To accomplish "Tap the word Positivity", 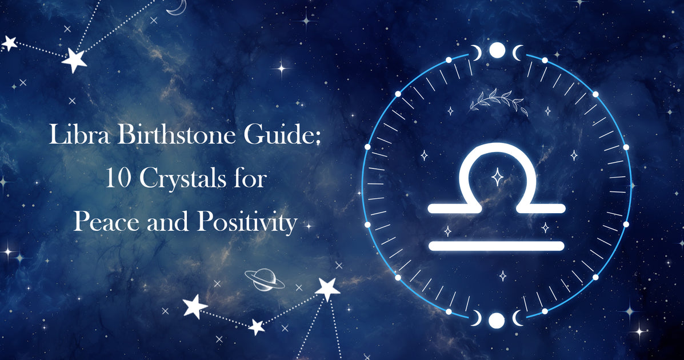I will coord(246,222).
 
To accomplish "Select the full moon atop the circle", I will coord(498,51).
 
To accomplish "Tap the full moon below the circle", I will coord(497,319).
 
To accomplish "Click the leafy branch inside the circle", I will coord(496,100).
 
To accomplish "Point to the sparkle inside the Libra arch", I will coord(497,177).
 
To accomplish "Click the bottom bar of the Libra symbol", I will coord(496,246).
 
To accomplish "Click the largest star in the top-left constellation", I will coord(74,59).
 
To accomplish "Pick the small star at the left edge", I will coord(9,42).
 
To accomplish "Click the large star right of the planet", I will coord(327,289).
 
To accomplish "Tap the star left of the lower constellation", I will coord(195,307).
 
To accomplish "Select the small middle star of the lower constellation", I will coord(257,327).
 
